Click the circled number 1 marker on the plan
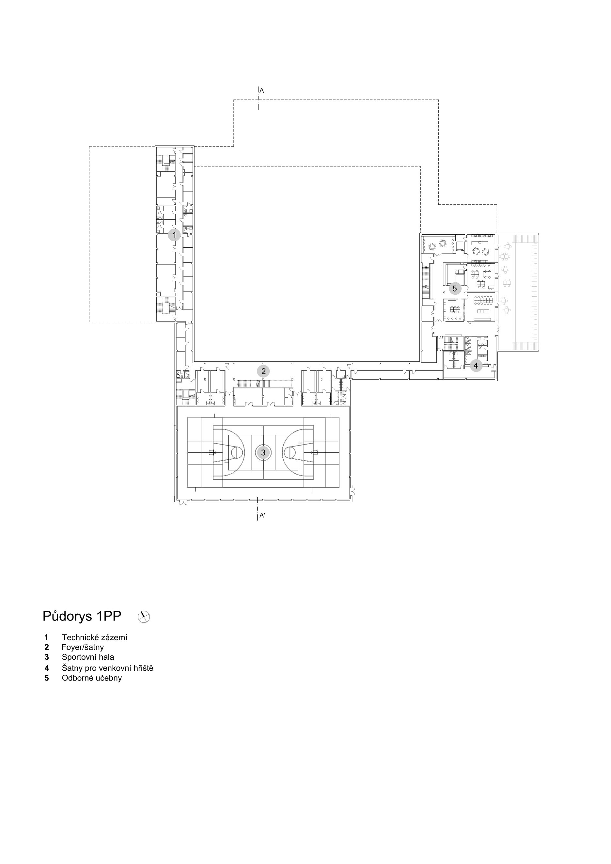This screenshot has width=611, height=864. [x=174, y=235]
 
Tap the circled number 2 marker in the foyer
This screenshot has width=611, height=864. [x=263, y=371]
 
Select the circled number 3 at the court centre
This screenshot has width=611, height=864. [x=263, y=453]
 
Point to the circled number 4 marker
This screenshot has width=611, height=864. [x=476, y=365]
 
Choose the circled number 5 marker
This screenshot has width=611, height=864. [x=455, y=289]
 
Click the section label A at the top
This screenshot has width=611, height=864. [x=262, y=91]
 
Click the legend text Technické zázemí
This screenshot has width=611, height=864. [x=94, y=637]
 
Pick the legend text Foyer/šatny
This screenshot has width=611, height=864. [x=83, y=647]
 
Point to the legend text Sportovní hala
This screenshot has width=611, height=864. [x=88, y=657]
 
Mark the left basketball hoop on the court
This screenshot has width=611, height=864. [x=212, y=452]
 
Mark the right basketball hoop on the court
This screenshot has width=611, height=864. [x=315, y=452]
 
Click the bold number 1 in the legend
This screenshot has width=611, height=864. [x=46, y=637]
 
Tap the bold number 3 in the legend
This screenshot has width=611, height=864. [x=47, y=657]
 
